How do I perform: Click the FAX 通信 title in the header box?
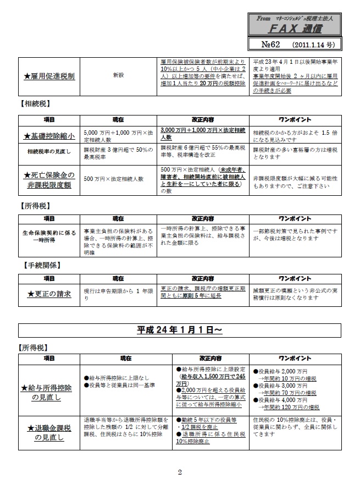tap(296, 27)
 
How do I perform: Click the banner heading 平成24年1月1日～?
tap(179, 330)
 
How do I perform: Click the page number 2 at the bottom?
tap(179, 471)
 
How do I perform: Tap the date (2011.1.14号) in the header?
tap(311, 43)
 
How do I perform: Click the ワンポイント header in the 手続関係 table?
tap(297, 277)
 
